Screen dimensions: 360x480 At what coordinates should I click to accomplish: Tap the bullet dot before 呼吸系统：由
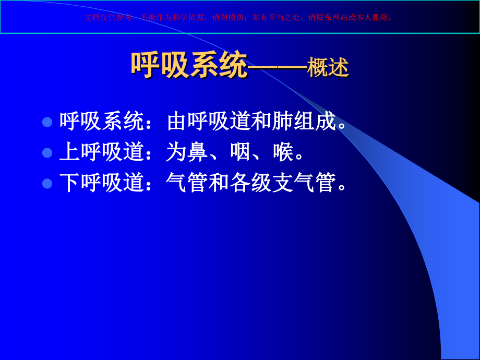coord(47,122)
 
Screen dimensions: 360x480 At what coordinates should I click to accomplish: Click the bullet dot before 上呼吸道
coord(47,153)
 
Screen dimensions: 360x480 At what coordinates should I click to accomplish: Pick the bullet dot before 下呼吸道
coord(47,183)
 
